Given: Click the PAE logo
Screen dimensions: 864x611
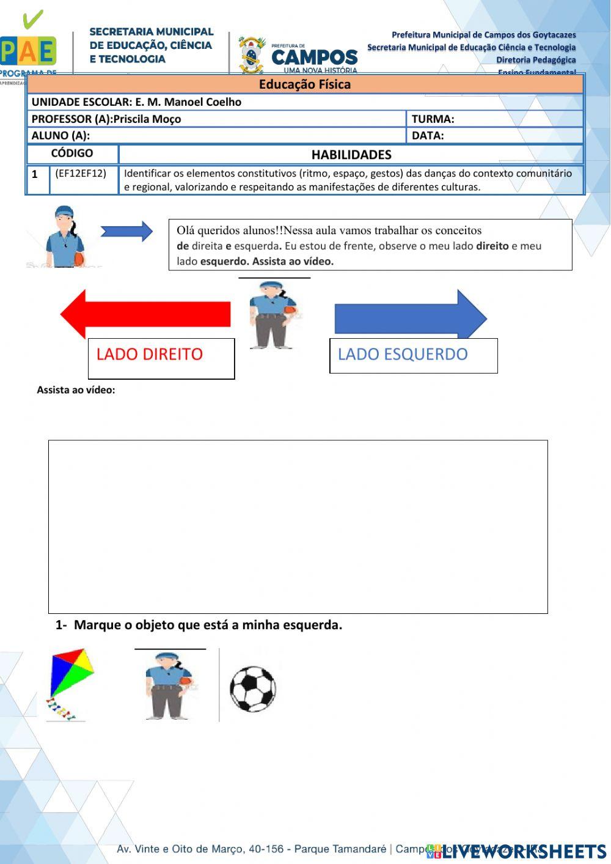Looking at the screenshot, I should pyautogui.click(x=28, y=49).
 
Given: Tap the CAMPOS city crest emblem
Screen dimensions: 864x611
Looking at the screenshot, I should pyautogui.click(x=251, y=55).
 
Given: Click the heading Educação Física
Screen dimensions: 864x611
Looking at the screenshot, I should pyautogui.click(x=304, y=84).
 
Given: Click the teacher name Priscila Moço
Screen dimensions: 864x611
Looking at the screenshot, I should pyautogui.click(x=147, y=119).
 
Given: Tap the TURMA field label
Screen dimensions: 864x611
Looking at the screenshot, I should pyautogui.click(x=433, y=119).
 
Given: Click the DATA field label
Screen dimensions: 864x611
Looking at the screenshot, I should pyautogui.click(x=428, y=135).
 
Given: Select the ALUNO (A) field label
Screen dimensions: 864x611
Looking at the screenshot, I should pyautogui.click(x=60, y=135).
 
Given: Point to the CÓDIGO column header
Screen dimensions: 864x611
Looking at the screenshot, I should pyautogui.click(x=72, y=153).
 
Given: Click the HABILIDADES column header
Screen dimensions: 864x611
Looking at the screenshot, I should pyautogui.click(x=351, y=155).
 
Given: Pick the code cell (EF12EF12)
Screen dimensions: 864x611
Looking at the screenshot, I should pyautogui.click(x=81, y=174).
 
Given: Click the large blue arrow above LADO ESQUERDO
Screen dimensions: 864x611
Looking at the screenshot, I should pyautogui.click(x=410, y=317).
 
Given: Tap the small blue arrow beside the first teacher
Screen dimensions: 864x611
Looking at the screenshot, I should pyautogui.click(x=126, y=231).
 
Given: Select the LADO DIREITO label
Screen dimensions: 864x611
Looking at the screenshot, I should pyautogui.click(x=150, y=354).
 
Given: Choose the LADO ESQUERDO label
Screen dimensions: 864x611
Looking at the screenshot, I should pyautogui.click(x=403, y=354).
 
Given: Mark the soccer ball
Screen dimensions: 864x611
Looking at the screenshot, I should pyautogui.click(x=253, y=689).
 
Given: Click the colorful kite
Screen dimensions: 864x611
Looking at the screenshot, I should pyautogui.click(x=70, y=684).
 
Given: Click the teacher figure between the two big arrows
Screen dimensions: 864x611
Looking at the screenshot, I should pyautogui.click(x=273, y=314).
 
